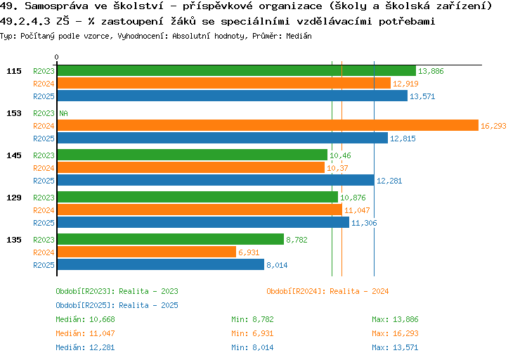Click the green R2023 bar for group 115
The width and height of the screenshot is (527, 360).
point(236,71)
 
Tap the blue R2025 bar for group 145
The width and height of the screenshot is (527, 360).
point(215,181)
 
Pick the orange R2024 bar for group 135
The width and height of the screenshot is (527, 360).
point(146,252)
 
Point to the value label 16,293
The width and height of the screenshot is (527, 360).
point(493,126)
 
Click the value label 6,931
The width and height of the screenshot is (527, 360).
point(249,252)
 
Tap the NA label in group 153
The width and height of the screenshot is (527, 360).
point(63,113)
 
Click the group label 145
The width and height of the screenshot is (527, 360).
point(14,155)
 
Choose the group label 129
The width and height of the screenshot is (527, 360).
point(14,198)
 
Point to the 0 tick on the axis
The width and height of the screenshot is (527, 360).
point(57,57)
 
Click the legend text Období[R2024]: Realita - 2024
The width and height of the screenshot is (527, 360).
point(327,291)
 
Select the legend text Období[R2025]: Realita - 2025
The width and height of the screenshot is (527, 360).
point(117,305)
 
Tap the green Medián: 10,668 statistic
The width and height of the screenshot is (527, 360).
point(85,319)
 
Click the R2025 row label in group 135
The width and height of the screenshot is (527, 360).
point(44,265)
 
